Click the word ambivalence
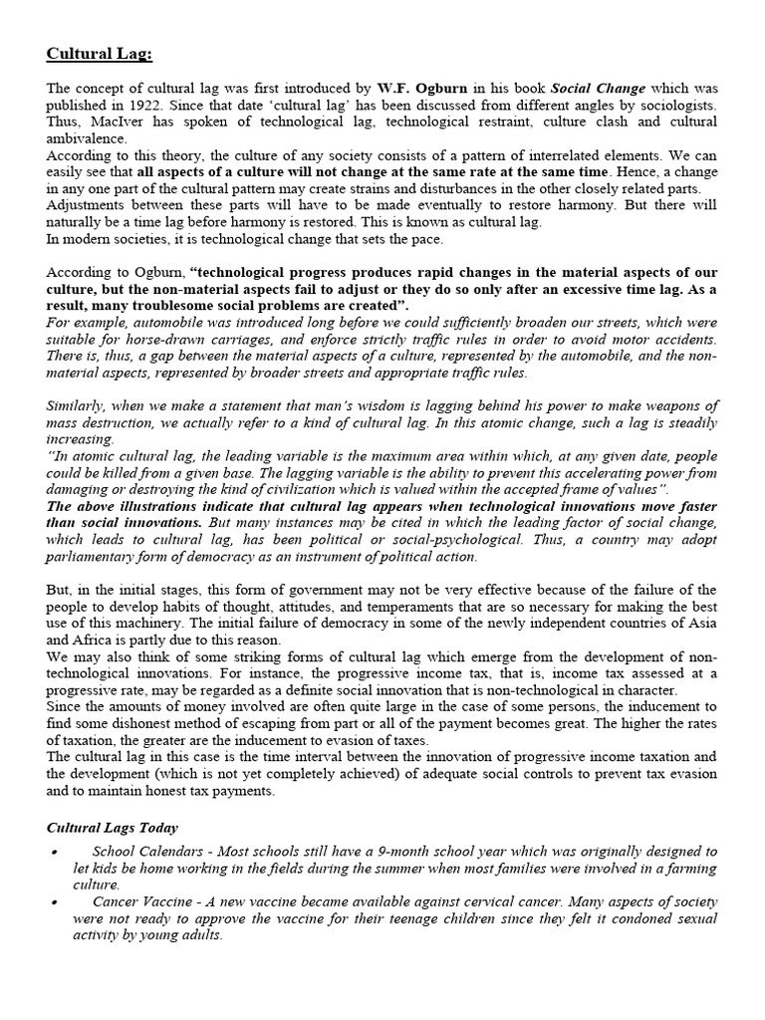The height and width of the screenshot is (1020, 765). tap(87, 139)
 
